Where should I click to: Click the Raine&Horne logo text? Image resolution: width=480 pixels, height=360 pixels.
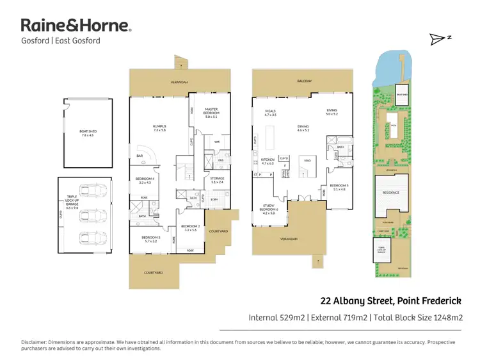click(x=76, y=26)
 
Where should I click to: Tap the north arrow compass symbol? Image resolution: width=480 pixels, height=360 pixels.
click(x=440, y=39)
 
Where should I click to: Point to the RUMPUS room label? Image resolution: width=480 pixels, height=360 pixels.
click(x=159, y=127)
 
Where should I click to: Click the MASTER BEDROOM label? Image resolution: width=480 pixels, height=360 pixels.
click(x=211, y=113)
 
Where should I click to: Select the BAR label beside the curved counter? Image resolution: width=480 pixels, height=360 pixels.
click(x=140, y=156)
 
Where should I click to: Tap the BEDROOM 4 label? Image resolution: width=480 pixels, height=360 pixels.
click(x=144, y=180)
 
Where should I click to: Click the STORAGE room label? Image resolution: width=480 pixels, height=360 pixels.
click(x=218, y=180)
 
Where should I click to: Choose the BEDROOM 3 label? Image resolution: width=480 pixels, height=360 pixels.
click(x=150, y=239)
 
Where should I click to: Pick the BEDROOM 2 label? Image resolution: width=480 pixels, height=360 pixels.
click(x=190, y=227)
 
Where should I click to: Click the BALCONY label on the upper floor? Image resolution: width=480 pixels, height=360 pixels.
click(x=303, y=81)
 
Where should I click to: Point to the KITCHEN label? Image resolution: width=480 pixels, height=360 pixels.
click(x=268, y=161)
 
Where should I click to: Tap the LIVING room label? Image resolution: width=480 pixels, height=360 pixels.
click(x=331, y=111)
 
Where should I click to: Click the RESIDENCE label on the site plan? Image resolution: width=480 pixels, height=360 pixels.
click(x=391, y=192)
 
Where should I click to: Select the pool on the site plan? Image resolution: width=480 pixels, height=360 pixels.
click(x=394, y=126)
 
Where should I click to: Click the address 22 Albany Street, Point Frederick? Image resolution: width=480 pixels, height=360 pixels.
click(x=391, y=300)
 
